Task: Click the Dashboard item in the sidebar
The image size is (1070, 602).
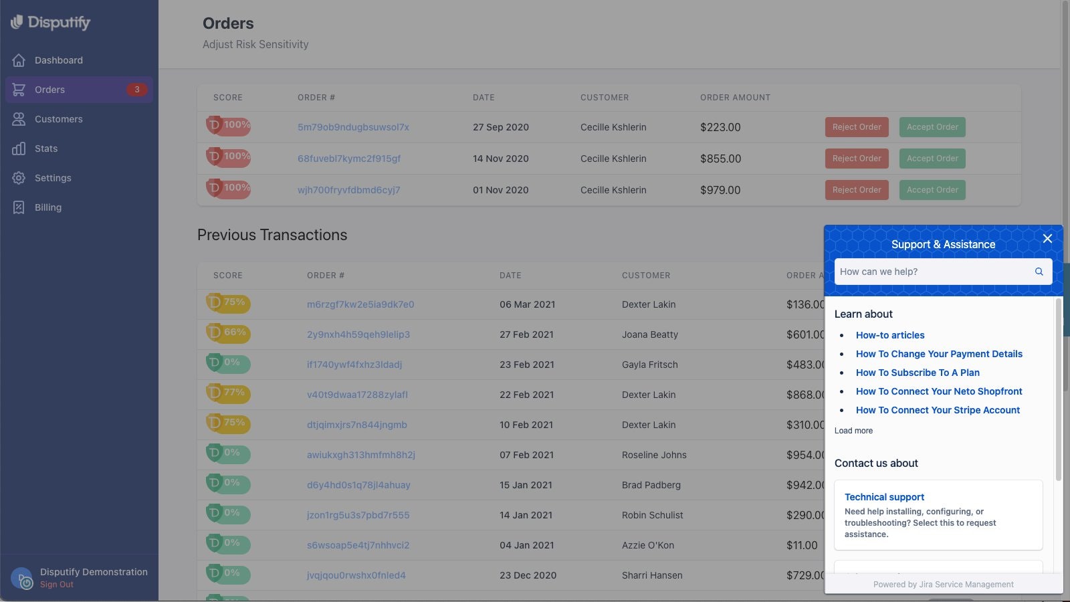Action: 58,60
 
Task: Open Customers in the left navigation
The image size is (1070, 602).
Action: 58,119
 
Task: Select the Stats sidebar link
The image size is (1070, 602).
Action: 45,148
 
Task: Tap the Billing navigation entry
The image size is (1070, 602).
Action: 47,207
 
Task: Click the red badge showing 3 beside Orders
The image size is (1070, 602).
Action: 136,90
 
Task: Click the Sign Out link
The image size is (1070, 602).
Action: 57,585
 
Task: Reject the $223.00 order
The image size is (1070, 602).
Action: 857,127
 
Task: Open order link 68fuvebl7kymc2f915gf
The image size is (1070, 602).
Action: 349,159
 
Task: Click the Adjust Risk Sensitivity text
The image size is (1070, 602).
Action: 255,45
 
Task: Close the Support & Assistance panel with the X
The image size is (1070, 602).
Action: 1047,239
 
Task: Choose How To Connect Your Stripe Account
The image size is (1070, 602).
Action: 938,410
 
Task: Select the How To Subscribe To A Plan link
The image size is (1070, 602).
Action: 918,373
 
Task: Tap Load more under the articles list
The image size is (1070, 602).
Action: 853,431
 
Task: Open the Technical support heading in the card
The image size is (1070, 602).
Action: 884,497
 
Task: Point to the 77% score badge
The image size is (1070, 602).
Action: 228,393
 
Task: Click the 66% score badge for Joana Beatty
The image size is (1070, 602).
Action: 228,332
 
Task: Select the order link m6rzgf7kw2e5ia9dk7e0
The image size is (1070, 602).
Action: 360,304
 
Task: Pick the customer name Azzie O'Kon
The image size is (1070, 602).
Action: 648,545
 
